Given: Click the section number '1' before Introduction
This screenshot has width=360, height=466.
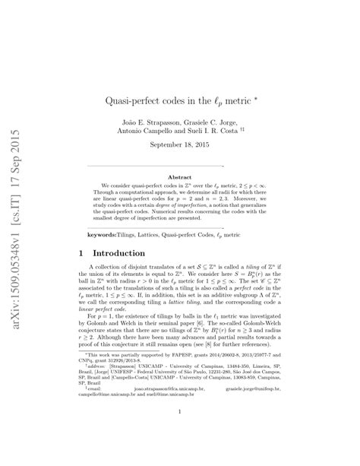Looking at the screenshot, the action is pyautogui.click(x=90, y=252).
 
